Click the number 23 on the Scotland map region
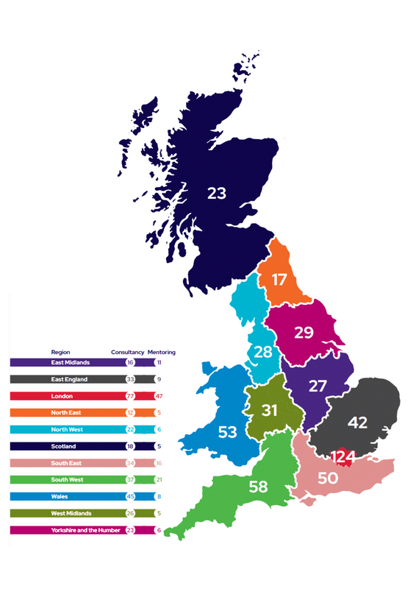(x=217, y=194)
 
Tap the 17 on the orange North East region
(x=279, y=280)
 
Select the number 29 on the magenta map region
(x=304, y=332)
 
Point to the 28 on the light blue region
(x=263, y=352)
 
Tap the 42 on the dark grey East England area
(x=358, y=423)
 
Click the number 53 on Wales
(x=228, y=432)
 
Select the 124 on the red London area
(x=343, y=457)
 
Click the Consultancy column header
(x=127, y=352)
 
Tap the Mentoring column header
(x=162, y=352)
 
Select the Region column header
(x=60, y=352)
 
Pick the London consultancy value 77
(x=130, y=396)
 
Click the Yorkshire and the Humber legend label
(x=84, y=530)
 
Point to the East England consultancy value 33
(x=130, y=379)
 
